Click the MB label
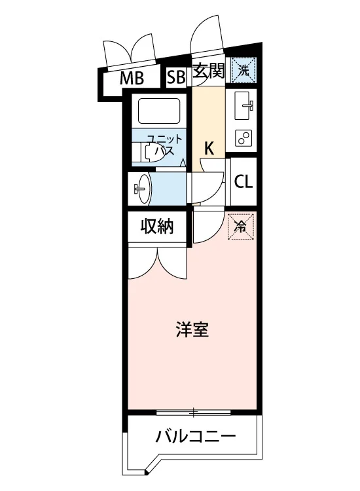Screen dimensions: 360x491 tap(132, 79)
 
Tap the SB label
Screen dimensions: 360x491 tap(176, 77)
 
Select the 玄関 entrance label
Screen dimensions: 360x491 tap(208, 71)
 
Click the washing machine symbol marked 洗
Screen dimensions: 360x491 tap(243, 70)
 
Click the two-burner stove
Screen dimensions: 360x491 tap(243, 138)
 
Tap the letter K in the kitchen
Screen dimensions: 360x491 tap(209, 149)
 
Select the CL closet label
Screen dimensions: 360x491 tap(243, 181)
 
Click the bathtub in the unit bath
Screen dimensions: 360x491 tap(159, 111)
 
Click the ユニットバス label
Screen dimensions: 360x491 tap(165, 145)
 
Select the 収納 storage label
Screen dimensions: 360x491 tap(157, 226)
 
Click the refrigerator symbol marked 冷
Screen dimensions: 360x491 tap(240, 227)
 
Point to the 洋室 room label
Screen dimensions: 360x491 tap(192, 329)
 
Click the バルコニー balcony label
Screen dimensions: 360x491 tap(195, 436)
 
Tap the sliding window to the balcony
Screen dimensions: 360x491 tap(194, 412)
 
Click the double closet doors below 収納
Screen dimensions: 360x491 tap(158, 263)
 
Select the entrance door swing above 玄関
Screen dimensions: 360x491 tap(208, 35)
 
